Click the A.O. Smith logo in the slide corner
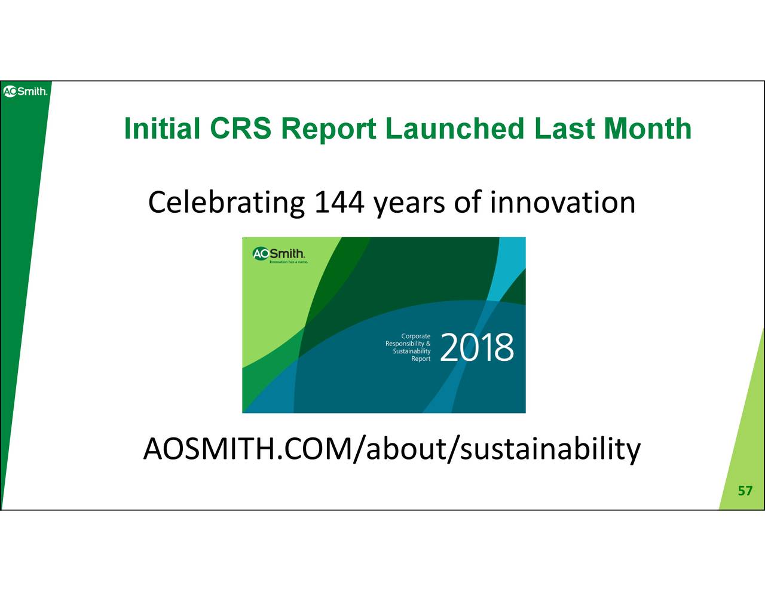[x=25, y=91]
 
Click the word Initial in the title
[x=163, y=129]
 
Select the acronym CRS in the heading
[x=241, y=129]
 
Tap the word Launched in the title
[x=455, y=129]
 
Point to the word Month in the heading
[x=648, y=129]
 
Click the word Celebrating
[x=227, y=203]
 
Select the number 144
[x=339, y=203]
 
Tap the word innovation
[x=562, y=203]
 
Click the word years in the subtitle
[x=409, y=204]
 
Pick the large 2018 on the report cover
[x=477, y=348]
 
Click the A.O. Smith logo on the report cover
[x=279, y=254]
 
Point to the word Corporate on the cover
[x=416, y=336]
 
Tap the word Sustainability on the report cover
[x=412, y=351]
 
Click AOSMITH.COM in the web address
[x=248, y=449]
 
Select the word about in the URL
[x=406, y=449]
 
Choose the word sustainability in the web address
[x=550, y=451]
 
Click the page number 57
[x=745, y=491]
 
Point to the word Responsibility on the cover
[x=408, y=344]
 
